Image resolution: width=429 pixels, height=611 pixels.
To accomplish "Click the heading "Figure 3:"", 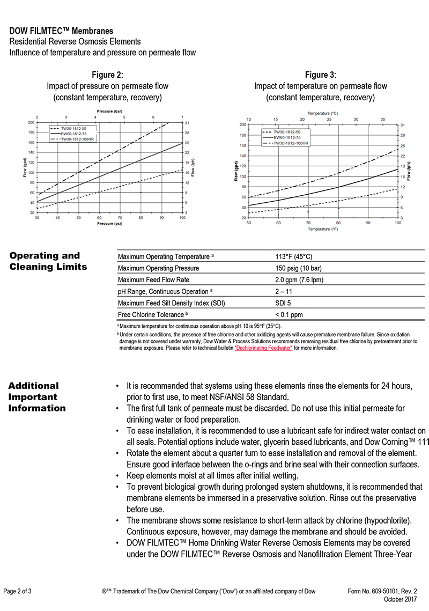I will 320,75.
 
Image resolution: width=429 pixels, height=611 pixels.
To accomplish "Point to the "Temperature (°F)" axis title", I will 323,229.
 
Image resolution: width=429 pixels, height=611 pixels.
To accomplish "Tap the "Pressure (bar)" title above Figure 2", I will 109,111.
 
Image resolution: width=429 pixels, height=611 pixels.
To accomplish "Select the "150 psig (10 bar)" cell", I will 298,268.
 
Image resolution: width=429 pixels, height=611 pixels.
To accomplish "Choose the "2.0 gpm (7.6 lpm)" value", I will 299,279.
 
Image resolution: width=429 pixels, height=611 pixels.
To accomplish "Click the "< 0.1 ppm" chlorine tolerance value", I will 289,315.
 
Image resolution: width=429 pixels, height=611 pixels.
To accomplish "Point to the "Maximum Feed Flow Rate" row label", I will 153,279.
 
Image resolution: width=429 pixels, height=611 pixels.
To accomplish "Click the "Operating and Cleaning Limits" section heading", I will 47,261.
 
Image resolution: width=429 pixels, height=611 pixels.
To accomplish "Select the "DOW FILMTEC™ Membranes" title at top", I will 61,32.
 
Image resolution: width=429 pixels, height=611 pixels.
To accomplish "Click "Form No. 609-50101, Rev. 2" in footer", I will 382,592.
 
